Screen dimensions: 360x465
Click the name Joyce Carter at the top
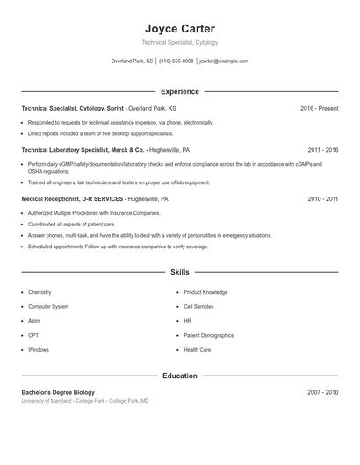[179, 29]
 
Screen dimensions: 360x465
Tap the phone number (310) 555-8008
[176, 61]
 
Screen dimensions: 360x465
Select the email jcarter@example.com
[224, 61]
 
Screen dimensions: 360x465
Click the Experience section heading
[179, 91]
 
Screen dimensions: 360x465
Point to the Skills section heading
[179, 273]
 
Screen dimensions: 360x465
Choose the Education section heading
[179, 376]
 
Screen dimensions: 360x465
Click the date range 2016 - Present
[319, 108]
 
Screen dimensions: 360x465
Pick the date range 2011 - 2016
[322, 150]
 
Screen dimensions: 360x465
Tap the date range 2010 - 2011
[322, 199]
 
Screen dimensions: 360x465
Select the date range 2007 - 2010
[322, 392]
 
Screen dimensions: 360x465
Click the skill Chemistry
[40, 292]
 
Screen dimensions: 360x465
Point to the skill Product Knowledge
[205, 292]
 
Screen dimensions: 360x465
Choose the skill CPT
[33, 335]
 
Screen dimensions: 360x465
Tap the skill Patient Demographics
[208, 335]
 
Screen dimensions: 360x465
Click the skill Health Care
[197, 349]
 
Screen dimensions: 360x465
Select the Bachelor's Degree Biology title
[58, 392]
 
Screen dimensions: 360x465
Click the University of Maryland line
[85, 401]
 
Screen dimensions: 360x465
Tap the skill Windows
[39, 349]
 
